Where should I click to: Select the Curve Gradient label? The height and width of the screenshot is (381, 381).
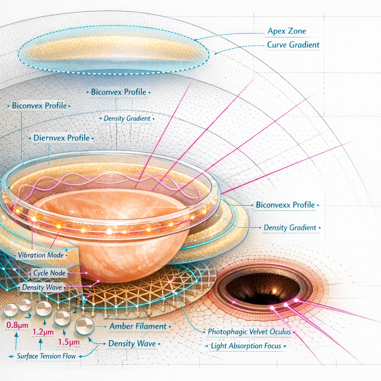pos(293,45)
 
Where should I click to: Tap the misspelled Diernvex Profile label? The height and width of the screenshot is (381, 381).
pos(61,138)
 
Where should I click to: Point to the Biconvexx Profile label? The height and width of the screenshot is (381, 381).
pos(285,205)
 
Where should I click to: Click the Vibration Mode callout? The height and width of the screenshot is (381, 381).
pos(41,256)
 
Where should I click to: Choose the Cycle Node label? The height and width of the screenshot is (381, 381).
pos(49,273)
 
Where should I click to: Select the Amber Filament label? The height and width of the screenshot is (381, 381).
pos(138,326)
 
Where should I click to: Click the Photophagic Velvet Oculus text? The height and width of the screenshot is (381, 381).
pos(249,331)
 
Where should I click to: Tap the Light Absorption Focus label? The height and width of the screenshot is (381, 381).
pos(246,346)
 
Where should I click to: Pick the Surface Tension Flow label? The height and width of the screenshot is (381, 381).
pos(47,356)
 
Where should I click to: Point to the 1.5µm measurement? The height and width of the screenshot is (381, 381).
pos(69,342)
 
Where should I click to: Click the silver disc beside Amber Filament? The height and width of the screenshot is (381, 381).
pos(84,326)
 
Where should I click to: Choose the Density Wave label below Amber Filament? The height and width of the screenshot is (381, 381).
pos(132,343)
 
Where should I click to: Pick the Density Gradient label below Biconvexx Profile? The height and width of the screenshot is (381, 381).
pos(290,227)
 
